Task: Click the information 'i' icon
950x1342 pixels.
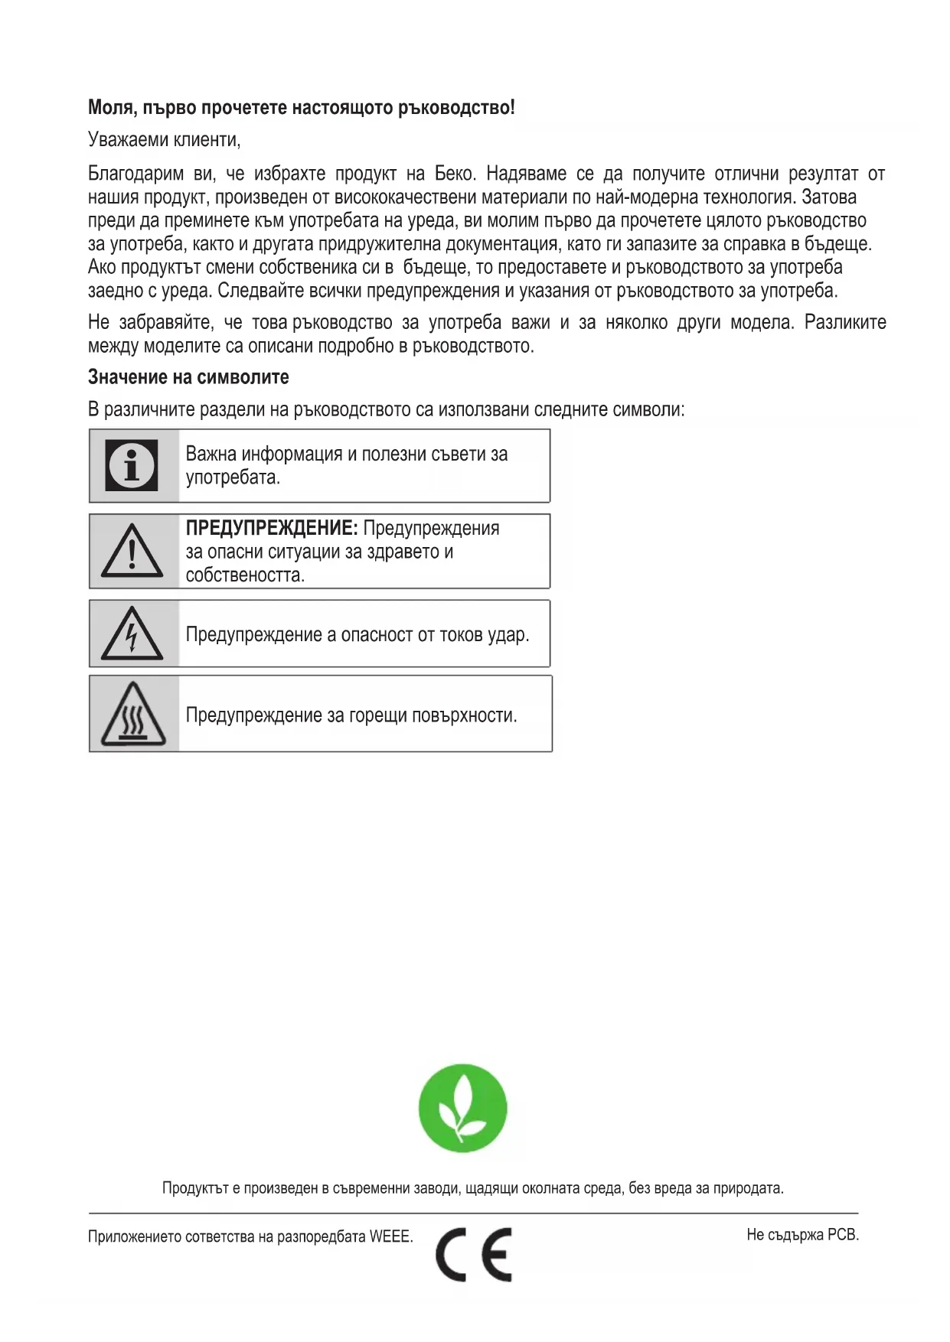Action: click(132, 465)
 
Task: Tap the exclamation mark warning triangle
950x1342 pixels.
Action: click(132, 551)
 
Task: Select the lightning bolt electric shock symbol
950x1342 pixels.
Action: click(132, 634)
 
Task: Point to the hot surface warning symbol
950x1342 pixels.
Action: click(133, 715)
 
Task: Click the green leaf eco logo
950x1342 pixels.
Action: click(462, 1107)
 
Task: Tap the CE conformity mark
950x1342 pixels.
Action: click(474, 1254)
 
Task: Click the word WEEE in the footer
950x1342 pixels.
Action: click(391, 1236)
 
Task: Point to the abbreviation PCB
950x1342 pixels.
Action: click(843, 1234)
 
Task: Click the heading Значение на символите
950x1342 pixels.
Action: click(188, 377)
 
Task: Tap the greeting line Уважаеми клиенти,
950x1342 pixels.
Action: click(165, 140)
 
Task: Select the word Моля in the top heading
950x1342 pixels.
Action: click(113, 107)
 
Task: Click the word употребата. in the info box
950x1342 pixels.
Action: click(233, 477)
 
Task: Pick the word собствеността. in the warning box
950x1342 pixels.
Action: click(245, 575)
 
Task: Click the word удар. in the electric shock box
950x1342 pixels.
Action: click(508, 635)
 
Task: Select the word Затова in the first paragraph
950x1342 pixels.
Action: click(829, 197)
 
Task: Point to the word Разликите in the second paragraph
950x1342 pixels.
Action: click(845, 323)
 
